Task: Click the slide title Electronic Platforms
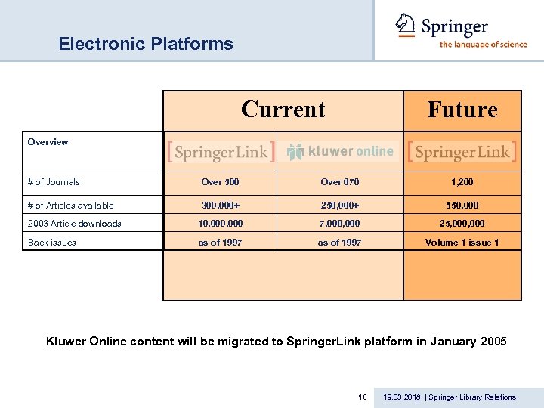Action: pyautogui.click(x=146, y=44)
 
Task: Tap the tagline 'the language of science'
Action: pyautogui.click(x=483, y=45)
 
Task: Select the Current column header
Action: pyautogui.click(x=283, y=110)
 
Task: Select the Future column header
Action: pyautogui.click(x=462, y=110)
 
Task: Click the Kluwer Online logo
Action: pyautogui.click(x=339, y=151)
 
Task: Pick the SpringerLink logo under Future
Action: pyautogui.click(x=462, y=151)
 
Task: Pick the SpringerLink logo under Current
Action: pyautogui.click(x=221, y=152)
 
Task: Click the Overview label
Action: pyautogui.click(x=48, y=142)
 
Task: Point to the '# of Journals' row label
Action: pyautogui.click(x=54, y=182)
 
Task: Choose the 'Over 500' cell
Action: pyautogui.click(x=221, y=182)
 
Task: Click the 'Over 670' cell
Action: pyautogui.click(x=339, y=182)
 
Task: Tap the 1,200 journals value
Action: pyautogui.click(x=462, y=182)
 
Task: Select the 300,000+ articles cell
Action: pyautogui.click(x=221, y=205)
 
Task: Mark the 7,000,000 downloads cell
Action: pyautogui.click(x=339, y=224)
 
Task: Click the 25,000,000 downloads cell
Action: pyautogui.click(x=462, y=224)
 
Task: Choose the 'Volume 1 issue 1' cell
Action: pyautogui.click(x=462, y=243)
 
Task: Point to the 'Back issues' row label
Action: pyautogui.click(x=52, y=243)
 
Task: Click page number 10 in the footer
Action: pyautogui.click(x=362, y=397)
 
